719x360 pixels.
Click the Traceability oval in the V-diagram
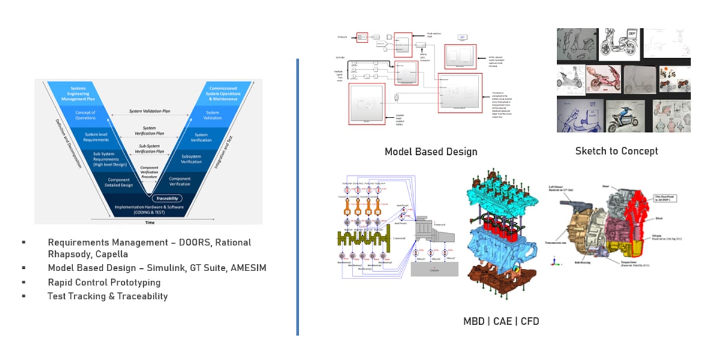pyautogui.click(x=166, y=198)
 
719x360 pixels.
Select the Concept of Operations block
pyautogui.click(x=85, y=114)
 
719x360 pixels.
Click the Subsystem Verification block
pyautogui.click(x=191, y=159)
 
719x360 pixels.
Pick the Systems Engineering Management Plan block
pyautogui.click(x=79, y=92)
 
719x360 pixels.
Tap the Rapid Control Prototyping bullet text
pyautogui.click(x=104, y=282)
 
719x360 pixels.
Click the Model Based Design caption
pyautogui.click(x=431, y=152)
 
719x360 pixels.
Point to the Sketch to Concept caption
pyautogui.click(x=616, y=151)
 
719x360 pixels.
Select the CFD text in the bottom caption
pyautogui.click(x=530, y=322)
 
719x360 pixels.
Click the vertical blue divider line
pyautogui.click(x=297, y=198)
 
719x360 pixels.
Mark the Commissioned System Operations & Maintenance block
pyautogui.click(x=222, y=92)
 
